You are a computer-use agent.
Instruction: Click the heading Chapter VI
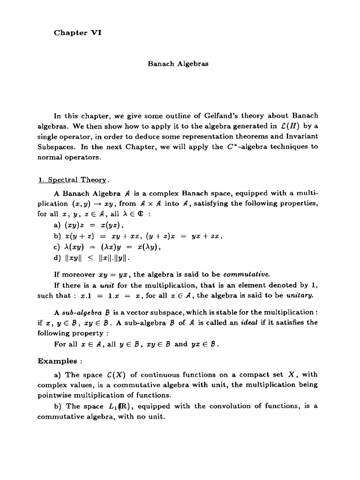tap(77, 32)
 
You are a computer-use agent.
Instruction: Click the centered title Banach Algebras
tap(178, 64)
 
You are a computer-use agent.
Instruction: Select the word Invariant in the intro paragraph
tap(299, 136)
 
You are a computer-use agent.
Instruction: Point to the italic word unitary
tap(299, 296)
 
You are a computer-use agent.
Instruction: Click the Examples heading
tap(57, 361)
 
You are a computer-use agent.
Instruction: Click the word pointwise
tap(57, 395)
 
